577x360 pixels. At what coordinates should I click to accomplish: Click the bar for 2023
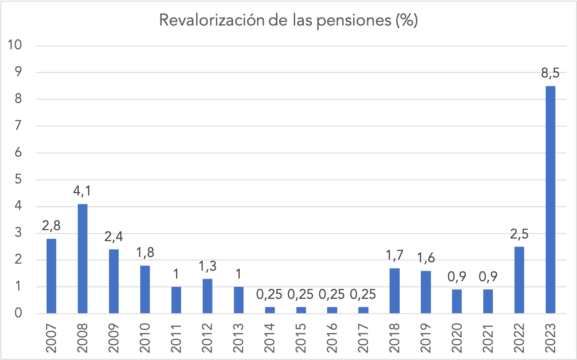(x=550, y=200)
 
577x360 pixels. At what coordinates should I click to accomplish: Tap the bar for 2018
(x=394, y=291)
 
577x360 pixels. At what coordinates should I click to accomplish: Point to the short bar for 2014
(x=270, y=310)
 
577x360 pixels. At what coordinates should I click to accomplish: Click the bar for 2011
(x=176, y=300)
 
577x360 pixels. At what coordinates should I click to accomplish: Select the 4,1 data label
(x=83, y=192)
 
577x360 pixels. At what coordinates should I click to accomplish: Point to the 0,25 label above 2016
(x=332, y=295)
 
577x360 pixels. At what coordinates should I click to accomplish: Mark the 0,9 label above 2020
(x=456, y=278)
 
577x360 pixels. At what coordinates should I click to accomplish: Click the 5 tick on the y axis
(x=18, y=180)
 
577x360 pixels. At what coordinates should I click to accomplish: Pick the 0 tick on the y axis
(x=18, y=314)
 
